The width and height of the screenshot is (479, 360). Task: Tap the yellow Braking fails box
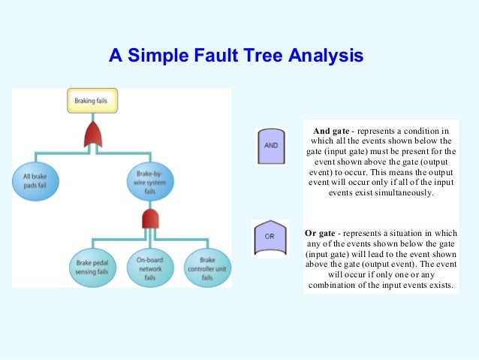[95, 100]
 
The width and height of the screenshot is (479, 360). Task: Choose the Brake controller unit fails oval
[207, 267]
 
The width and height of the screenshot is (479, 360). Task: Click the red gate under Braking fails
[95, 135]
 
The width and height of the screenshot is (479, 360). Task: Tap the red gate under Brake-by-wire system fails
[150, 219]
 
